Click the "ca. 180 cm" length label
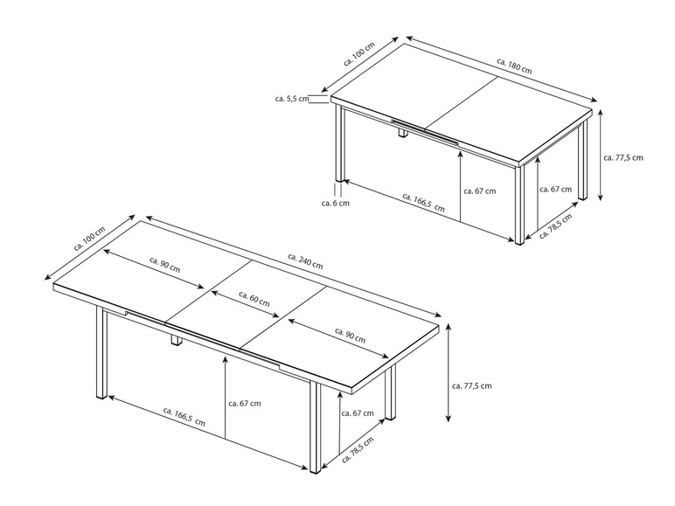coord(514,66)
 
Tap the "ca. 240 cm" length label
coord(305,260)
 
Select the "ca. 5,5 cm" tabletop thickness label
coord(292,99)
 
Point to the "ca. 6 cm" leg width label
coord(336,203)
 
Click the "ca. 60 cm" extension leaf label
coord(254,299)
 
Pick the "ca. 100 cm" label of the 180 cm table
coord(359,54)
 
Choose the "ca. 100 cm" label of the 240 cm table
coord(89,239)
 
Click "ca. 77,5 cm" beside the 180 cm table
coord(623,157)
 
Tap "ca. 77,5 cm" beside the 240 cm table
coord(472,385)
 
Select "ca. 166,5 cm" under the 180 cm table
coord(423,202)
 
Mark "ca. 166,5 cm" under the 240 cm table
coord(184,417)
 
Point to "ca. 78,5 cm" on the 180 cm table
coord(555,225)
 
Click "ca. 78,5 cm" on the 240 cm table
coord(358,450)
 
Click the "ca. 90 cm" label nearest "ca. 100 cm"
coord(164,265)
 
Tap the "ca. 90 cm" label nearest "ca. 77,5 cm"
coord(350,336)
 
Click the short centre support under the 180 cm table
coord(403,133)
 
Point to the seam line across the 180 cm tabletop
coord(462,103)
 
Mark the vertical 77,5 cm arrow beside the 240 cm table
coord(449,372)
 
